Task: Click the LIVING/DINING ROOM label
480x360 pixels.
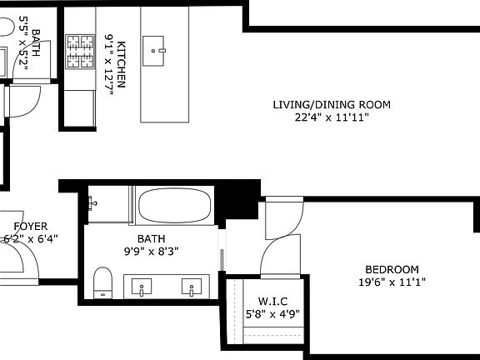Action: coord(332,105)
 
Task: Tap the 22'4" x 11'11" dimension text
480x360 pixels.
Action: coord(332,118)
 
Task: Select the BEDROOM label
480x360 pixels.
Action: coord(391,269)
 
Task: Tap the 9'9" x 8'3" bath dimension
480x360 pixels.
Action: coord(152,251)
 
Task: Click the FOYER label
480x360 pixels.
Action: coord(30,227)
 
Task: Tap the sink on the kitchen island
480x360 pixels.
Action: coord(155,50)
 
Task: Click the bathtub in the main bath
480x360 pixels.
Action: coord(174,207)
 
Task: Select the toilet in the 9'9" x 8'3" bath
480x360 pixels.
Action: coord(102,281)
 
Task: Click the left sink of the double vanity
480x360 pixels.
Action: coord(142,288)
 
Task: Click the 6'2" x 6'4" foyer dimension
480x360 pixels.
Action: coord(30,239)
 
